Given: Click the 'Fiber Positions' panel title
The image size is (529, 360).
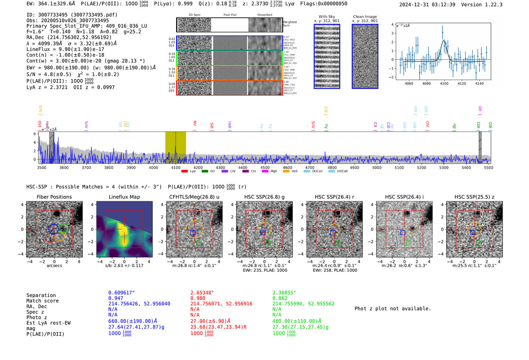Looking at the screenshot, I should coord(54,197).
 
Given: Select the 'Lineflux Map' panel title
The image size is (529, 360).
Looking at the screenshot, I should coord(124,197).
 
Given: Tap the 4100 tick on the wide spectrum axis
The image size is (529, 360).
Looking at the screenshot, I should coord(176,167).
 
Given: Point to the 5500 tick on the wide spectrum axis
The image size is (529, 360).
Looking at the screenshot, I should coord(489,167).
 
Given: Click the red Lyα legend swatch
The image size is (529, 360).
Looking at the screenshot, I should coord(184,172).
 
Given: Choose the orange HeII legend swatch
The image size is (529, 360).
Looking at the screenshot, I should coord(286,172).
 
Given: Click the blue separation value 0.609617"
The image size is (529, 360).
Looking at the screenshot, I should coord(121,293).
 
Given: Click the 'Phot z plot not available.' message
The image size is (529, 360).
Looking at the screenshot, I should coord(393,309).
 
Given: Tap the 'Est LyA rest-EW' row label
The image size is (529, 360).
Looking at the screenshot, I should coord(48,323).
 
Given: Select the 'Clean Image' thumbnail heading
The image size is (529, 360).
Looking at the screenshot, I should coord(365,17).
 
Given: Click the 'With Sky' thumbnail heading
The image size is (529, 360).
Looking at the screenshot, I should coord(327,17).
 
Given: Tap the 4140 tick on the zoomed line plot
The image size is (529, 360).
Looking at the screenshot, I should coord(479,83).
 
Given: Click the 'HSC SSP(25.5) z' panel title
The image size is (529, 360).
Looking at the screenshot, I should coord(474,197).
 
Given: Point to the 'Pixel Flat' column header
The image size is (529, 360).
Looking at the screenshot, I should coord(230,15).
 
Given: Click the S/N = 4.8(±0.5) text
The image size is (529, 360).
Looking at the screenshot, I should coord(49,74).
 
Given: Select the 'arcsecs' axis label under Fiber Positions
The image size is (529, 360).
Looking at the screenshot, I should coord(54,266).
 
